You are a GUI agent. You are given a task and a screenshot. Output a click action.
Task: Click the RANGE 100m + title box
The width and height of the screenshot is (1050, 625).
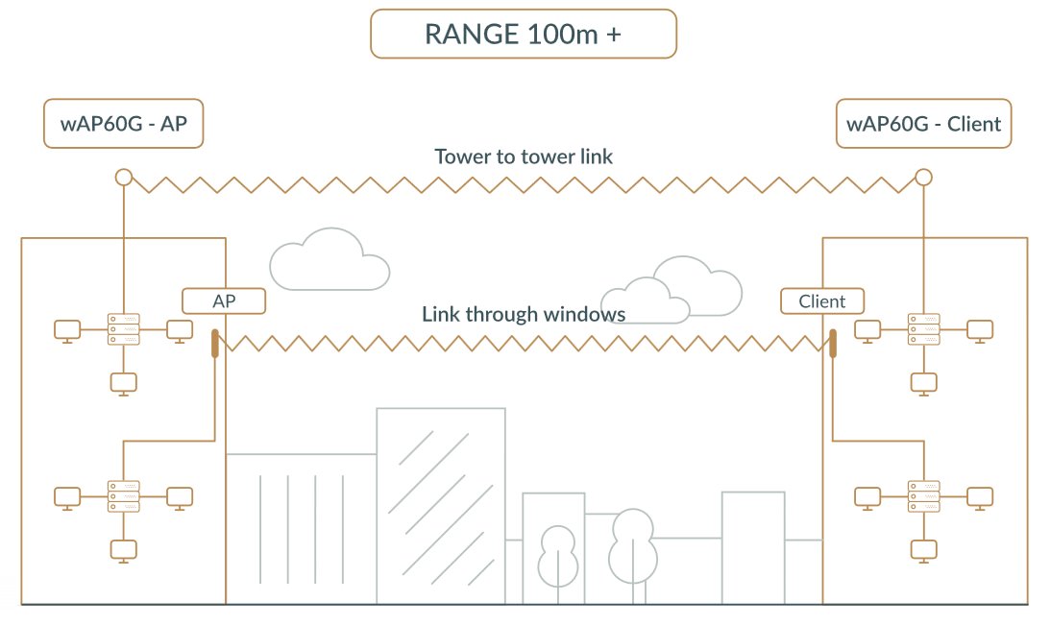coord(524,35)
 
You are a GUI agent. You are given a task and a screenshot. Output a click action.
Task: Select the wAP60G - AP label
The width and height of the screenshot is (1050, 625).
coord(124,124)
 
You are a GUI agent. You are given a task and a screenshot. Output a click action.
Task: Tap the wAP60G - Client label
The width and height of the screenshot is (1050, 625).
coord(923,124)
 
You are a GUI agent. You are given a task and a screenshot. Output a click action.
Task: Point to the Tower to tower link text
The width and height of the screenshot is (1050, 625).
coord(524,156)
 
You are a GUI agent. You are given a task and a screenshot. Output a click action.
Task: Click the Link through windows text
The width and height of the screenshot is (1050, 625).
coord(524,314)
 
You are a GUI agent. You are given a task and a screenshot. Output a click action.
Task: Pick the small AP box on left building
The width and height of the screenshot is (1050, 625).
coord(224,300)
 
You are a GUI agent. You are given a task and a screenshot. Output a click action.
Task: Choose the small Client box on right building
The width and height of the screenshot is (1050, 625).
coord(822,300)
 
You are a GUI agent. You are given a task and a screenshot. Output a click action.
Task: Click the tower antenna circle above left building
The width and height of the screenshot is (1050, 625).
coord(123,177)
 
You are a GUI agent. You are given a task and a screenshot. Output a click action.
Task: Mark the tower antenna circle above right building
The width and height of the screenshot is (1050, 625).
coord(923,177)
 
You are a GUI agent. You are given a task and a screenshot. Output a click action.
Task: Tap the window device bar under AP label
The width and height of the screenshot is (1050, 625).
coord(214,344)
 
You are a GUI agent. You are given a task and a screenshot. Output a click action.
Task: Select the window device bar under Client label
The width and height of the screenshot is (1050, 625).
coord(833,344)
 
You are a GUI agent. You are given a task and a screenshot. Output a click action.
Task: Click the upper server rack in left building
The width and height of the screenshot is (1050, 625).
coord(123,329)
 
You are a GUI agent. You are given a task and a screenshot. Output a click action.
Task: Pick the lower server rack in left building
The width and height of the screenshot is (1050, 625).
coord(123,495)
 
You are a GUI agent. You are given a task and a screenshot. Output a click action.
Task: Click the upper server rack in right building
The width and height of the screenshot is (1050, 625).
coord(923,329)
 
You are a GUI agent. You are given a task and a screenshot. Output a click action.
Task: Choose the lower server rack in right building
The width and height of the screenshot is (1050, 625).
coord(923,495)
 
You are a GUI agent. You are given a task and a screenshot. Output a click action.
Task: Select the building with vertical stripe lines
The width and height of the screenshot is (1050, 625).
coord(301,528)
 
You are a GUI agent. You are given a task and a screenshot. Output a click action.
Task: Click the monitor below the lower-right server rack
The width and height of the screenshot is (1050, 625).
coord(923,549)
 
